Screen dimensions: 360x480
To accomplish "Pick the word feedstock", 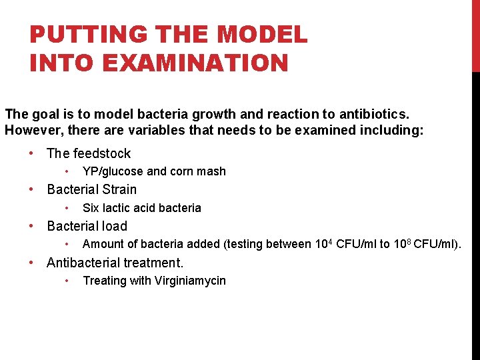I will point(101,153).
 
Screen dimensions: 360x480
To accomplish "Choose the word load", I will point(115,227).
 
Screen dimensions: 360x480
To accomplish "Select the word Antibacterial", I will point(85,263).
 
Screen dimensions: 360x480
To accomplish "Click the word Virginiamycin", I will point(191,281).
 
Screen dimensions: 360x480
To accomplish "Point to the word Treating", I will point(105,281).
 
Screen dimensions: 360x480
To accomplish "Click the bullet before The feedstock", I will point(32,153).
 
